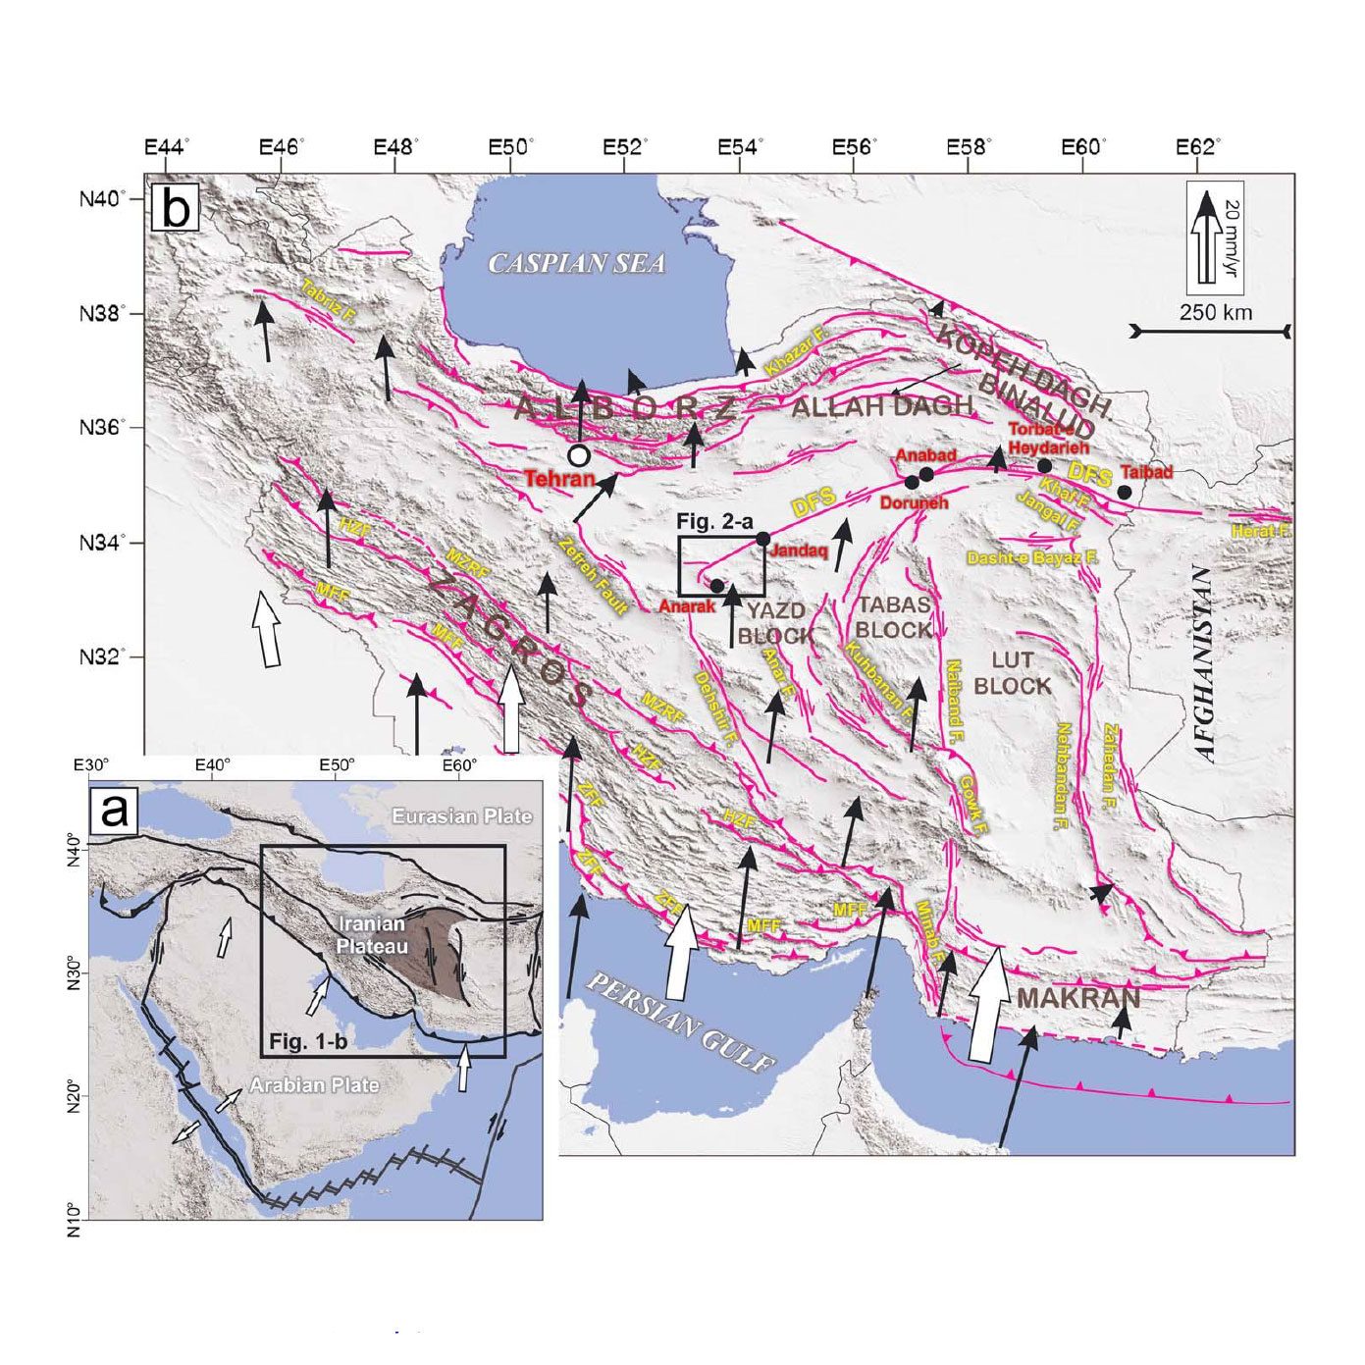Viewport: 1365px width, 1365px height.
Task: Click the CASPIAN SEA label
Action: pos(577,263)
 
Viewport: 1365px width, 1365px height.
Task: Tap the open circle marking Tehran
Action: pos(579,455)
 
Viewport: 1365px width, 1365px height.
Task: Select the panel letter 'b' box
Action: pos(177,209)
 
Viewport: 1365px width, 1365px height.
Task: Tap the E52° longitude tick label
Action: pos(625,147)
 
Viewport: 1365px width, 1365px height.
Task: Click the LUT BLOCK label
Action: pos(1013,674)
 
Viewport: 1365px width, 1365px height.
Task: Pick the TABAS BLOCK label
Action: pos(893,617)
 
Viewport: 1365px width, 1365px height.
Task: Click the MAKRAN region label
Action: pos(1078,999)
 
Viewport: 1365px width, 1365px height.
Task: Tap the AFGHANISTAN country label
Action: pos(1206,663)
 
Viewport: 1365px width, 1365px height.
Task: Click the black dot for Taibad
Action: pos(1125,492)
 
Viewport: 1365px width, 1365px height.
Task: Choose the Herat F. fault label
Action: pos(1262,531)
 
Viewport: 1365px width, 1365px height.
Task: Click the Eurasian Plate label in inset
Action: pos(461,815)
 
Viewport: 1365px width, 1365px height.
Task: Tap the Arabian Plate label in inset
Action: pos(314,1085)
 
